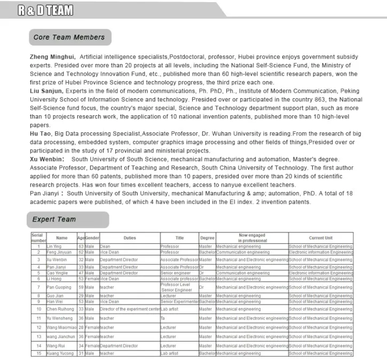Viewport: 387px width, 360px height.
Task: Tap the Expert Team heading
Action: click(x=54, y=219)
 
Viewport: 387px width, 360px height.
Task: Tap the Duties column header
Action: click(x=130, y=238)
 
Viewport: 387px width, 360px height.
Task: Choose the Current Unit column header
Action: click(x=320, y=238)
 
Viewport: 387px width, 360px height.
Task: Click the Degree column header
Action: click(x=207, y=238)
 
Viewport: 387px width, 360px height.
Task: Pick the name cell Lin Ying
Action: click(x=54, y=246)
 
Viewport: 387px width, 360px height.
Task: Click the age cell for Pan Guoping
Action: click(x=81, y=287)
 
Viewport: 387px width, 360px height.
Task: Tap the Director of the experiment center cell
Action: click(x=130, y=309)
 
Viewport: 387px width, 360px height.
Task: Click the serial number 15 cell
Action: click(x=38, y=353)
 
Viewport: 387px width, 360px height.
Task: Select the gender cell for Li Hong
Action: click(x=92, y=278)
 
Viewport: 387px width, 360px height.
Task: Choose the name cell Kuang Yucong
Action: click(x=60, y=353)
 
